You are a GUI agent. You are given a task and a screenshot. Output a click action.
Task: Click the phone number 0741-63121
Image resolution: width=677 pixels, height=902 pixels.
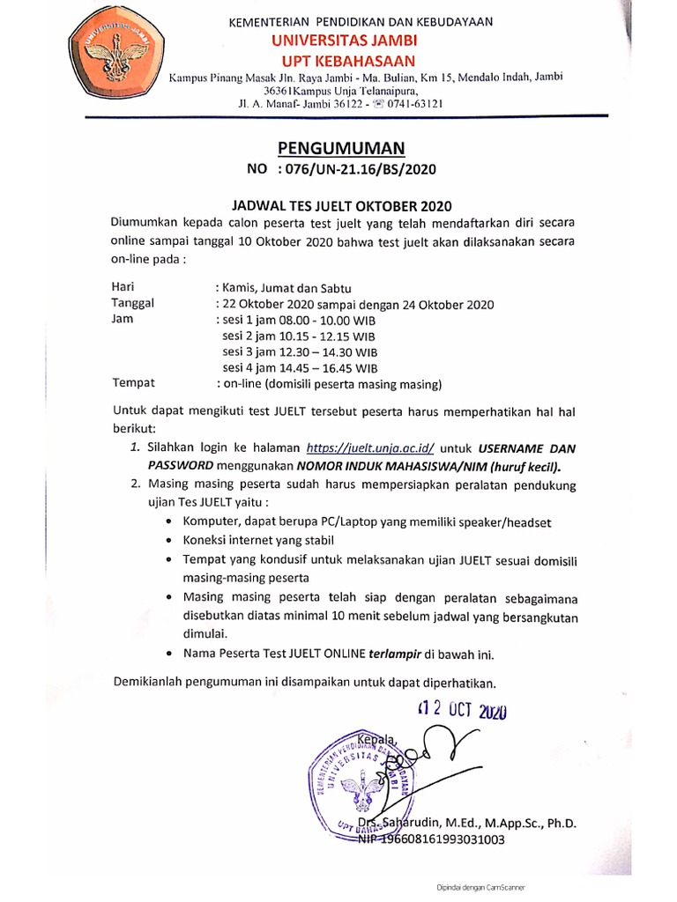click(412, 103)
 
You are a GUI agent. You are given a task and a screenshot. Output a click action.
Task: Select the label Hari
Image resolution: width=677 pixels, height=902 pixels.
click(123, 286)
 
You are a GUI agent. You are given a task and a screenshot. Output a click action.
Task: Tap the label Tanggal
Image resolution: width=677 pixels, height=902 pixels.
click(133, 302)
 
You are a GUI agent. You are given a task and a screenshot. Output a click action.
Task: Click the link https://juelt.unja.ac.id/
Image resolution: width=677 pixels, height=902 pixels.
click(370, 447)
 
